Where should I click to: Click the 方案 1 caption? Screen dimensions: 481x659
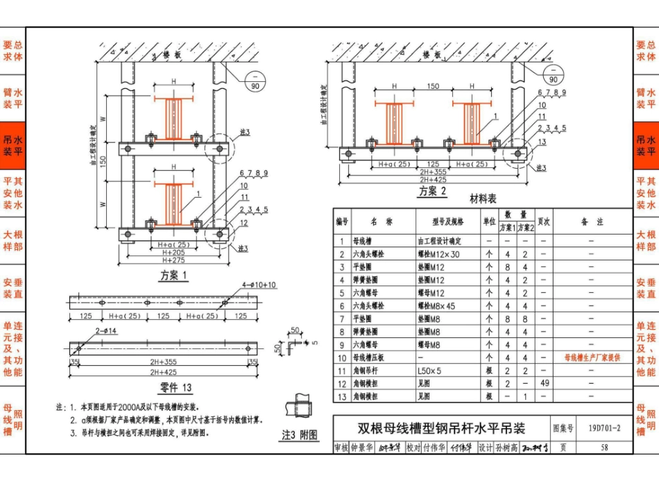click(x=174, y=275)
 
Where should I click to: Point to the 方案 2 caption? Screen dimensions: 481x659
click(x=432, y=192)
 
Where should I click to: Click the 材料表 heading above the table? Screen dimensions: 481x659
click(x=483, y=199)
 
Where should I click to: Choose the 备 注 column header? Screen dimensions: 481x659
click(x=592, y=221)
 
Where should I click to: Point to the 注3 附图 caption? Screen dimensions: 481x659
click(x=300, y=435)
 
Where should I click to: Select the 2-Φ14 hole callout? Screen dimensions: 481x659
click(x=87, y=331)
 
